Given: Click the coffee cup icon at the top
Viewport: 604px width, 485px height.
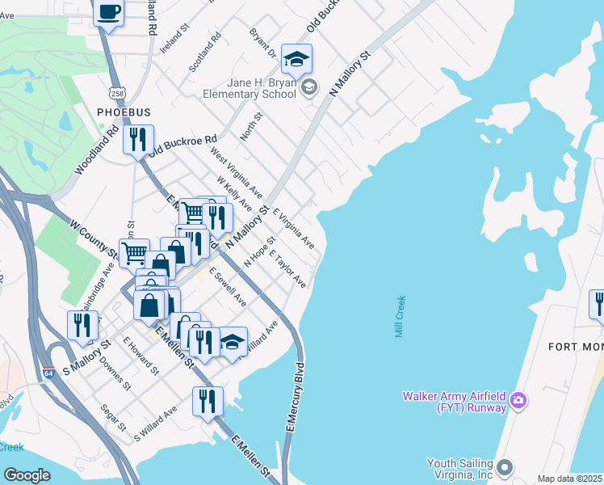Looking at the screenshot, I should [108, 13].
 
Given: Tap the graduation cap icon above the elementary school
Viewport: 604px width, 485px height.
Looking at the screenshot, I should [296, 59].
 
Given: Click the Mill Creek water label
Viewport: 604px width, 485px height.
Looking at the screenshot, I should [401, 316].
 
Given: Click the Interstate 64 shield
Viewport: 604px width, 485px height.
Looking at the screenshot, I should [49, 373].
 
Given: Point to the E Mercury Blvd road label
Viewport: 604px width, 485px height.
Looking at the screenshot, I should [292, 402].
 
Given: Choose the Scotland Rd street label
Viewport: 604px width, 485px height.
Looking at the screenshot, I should [204, 52].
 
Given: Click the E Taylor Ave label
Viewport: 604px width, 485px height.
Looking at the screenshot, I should [287, 269].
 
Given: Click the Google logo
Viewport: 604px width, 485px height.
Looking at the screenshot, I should [27, 474].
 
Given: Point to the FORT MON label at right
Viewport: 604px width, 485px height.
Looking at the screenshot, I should [575, 347].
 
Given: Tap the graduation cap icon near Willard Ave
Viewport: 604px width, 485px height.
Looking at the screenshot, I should [233, 342].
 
